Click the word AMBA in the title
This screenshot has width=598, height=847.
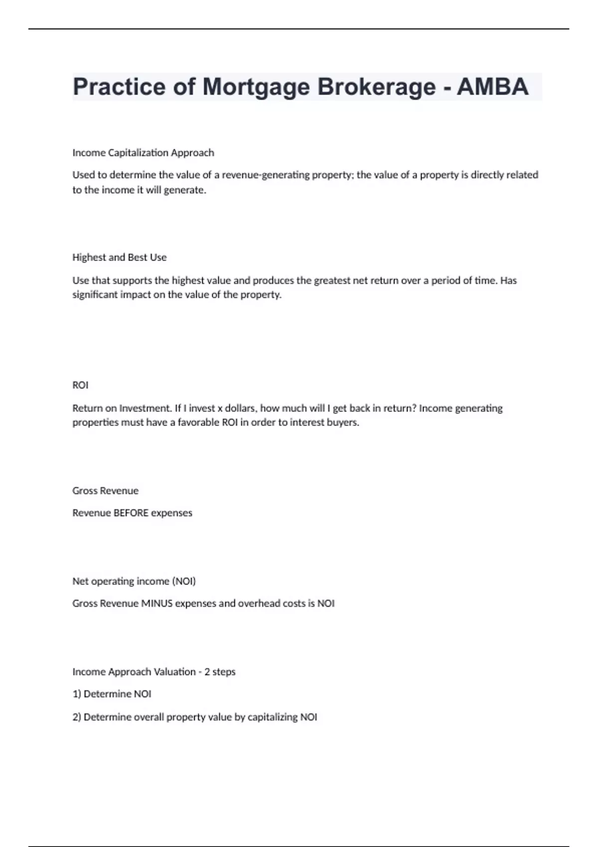coord(492,87)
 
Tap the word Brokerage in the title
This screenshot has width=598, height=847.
coord(376,87)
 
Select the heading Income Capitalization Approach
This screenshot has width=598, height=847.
coord(143,152)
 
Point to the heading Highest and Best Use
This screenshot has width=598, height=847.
coord(120,258)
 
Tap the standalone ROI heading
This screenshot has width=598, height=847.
coord(80,385)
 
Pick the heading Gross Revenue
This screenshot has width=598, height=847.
coord(106,491)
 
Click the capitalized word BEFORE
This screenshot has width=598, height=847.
coord(131,513)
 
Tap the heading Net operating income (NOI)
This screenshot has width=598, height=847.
coord(134,581)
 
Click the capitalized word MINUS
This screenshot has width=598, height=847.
coord(156,603)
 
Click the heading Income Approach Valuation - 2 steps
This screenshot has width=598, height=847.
coord(154,672)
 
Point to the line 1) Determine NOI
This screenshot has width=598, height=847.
coord(112,694)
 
